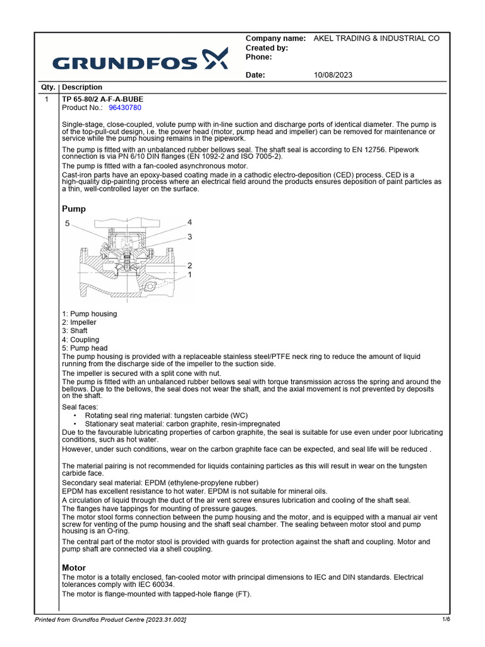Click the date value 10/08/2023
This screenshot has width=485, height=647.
point(333,75)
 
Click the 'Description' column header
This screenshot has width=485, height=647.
point(82,87)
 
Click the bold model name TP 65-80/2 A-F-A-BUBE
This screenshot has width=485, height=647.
point(102,99)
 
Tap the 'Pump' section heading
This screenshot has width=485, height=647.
point(74,209)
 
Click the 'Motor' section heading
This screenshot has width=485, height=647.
point(74,568)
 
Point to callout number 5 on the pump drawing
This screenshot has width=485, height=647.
point(68,224)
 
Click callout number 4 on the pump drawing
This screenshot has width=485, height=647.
point(189,222)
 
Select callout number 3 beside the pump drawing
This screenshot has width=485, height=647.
point(189,237)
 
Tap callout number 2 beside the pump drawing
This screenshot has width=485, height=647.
point(189,265)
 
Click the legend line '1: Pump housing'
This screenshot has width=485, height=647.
point(89,314)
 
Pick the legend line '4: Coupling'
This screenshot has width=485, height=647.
point(81,339)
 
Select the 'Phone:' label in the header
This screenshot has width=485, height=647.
point(258,57)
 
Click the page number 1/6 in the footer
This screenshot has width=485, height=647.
point(446,619)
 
